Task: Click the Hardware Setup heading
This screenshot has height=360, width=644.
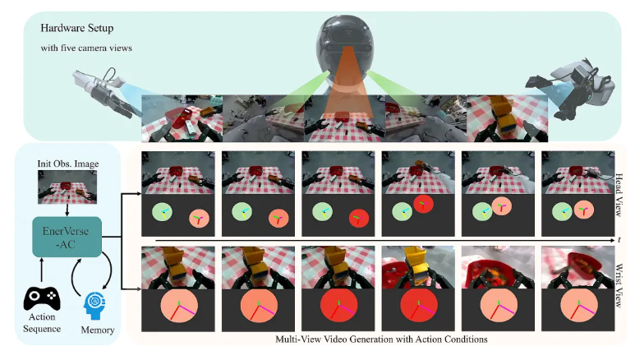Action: (77, 28)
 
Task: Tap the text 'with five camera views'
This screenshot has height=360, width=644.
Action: (86, 48)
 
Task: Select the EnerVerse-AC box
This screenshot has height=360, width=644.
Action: (67, 237)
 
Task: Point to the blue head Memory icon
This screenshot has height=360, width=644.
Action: (95, 306)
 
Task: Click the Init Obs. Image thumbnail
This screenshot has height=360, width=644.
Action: (67, 187)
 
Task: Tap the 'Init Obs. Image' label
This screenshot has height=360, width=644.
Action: (68, 164)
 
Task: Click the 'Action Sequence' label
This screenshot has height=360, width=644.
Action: (42, 322)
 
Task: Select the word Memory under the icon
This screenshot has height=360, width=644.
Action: (97, 330)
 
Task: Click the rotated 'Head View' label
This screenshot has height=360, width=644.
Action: (619, 195)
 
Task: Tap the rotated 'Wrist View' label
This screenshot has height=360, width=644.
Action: (619, 286)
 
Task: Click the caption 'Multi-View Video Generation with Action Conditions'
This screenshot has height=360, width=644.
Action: (381, 339)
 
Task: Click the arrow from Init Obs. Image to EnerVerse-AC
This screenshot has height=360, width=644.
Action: (67, 210)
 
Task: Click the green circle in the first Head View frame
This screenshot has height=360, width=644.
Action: (162, 212)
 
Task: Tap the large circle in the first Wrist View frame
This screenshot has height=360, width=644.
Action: (179, 306)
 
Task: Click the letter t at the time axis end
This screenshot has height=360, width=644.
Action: (619, 240)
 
